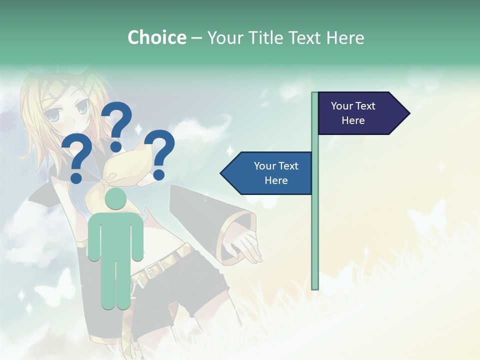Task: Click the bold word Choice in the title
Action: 156,37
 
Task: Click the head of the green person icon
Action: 116,198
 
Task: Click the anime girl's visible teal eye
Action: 80,107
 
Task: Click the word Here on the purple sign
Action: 353,120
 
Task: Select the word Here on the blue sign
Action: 276,180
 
